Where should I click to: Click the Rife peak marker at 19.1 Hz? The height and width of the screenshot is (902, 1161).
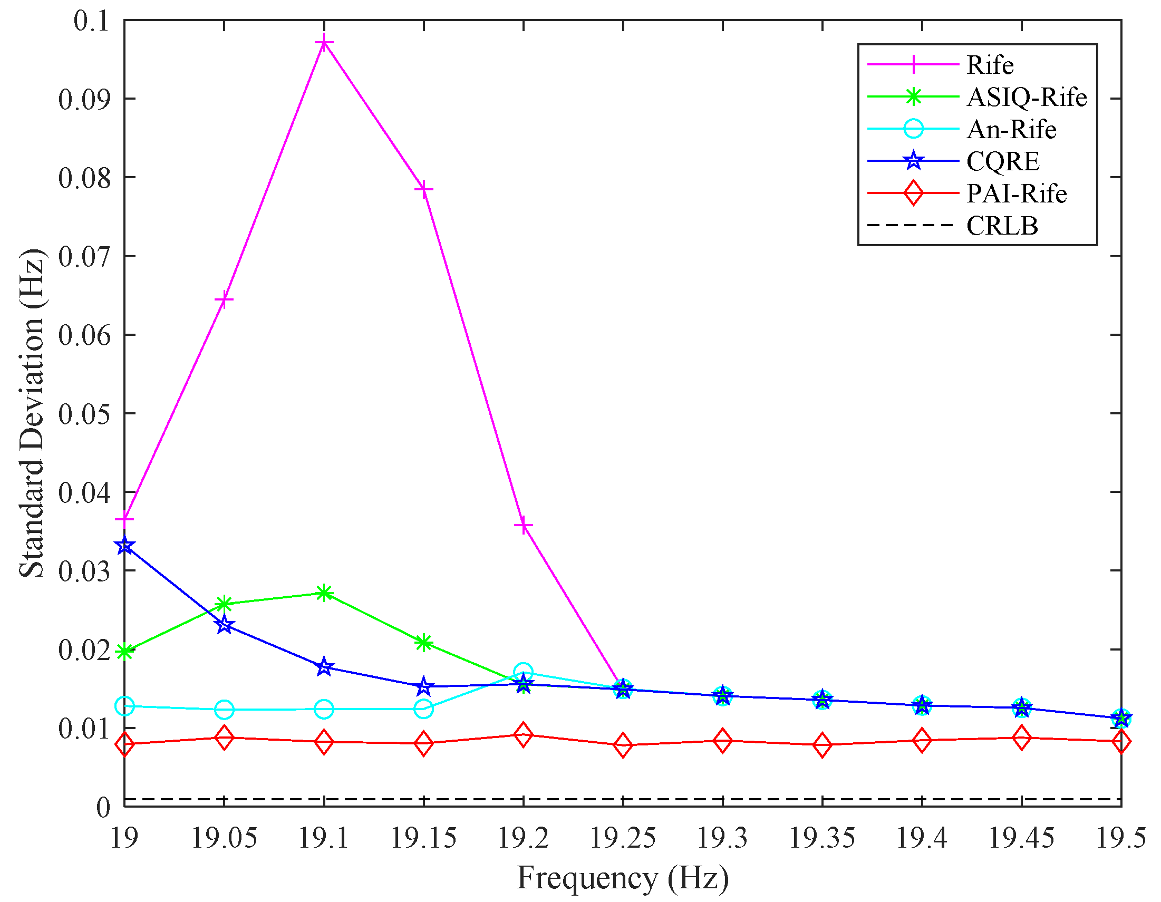(x=324, y=42)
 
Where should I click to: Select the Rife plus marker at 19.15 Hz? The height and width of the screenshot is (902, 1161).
(x=424, y=189)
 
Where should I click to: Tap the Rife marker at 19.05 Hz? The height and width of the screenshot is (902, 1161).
(x=224, y=300)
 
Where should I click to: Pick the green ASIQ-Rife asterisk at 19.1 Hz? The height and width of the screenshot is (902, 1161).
(x=324, y=593)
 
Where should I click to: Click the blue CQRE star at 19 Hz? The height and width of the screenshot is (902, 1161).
(x=125, y=545)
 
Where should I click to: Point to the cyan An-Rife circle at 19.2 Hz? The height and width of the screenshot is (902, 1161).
(x=524, y=672)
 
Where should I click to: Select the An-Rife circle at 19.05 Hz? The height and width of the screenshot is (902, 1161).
(x=224, y=709)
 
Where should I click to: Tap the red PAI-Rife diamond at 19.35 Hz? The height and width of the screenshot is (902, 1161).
(x=823, y=745)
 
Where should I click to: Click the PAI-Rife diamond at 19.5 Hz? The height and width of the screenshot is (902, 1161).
(x=1121, y=741)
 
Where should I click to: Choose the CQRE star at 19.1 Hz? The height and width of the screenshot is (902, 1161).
(x=324, y=667)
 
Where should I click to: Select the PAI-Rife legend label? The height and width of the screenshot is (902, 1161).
(x=1017, y=193)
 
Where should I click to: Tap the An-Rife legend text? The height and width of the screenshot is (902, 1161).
(x=1011, y=129)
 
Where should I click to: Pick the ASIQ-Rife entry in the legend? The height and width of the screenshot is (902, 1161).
(x=1027, y=98)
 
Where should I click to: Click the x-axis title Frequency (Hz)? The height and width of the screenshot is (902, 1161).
(x=623, y=878)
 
